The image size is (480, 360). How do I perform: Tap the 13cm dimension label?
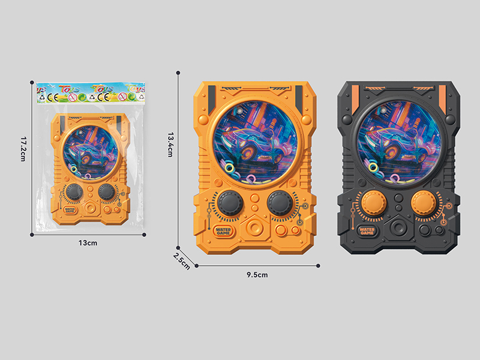pos(88,242)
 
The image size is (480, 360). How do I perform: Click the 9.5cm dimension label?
pos(257,274)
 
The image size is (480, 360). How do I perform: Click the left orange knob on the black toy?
pos(371,203)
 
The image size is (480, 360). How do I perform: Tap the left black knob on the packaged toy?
pos(74,192)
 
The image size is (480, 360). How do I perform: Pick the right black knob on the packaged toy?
pos(107,192)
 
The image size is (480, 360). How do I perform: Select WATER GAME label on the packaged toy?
pos(71,209)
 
